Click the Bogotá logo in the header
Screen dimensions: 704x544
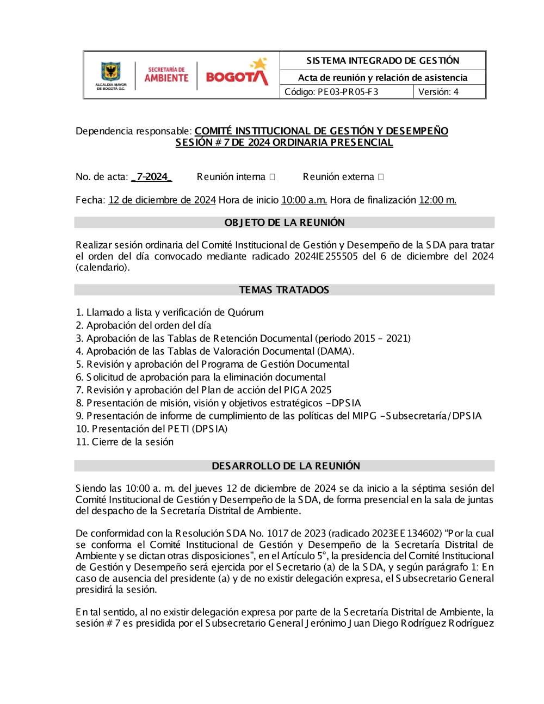(237, 75)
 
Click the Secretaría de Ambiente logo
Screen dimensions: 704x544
(166, 75)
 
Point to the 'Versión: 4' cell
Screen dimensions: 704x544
(438, 92)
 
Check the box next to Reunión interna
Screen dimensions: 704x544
(273, 177)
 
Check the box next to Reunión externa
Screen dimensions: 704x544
(381, 177)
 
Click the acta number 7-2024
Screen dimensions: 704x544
(152, 177)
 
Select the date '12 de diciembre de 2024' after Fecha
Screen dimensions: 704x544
(162, 200)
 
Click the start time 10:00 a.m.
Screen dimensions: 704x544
(304, 200)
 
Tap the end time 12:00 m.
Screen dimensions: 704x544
(437, 200)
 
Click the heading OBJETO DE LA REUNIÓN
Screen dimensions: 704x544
(285, 223)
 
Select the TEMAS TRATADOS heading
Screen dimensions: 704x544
(285, 290)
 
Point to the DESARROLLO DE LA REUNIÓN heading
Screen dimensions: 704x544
(286, 466)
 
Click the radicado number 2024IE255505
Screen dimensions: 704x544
(326, 256)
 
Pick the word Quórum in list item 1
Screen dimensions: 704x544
(245, 312)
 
